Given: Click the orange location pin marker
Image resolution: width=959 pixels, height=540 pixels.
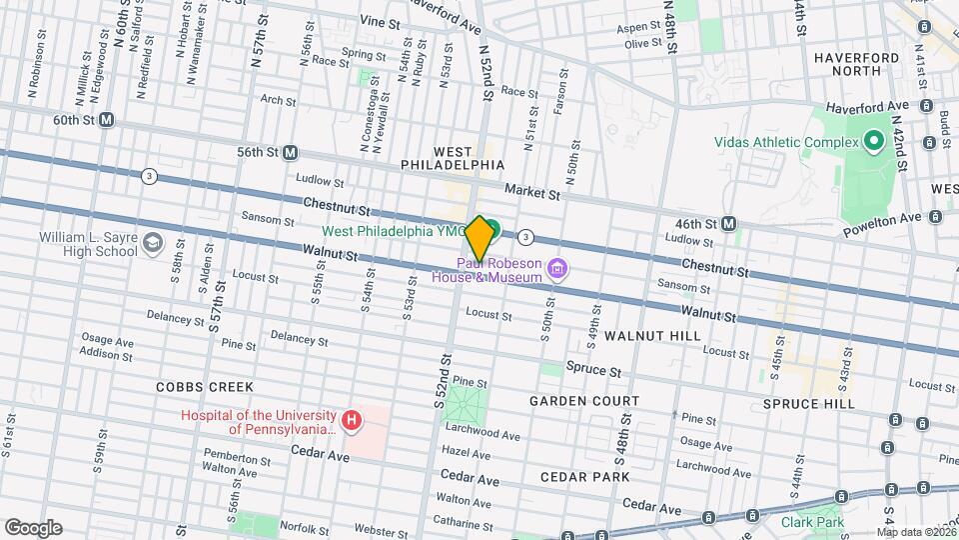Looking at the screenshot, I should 479,238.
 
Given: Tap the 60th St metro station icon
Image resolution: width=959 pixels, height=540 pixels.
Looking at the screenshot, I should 107,120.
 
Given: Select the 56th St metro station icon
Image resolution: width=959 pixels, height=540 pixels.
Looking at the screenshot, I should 290,152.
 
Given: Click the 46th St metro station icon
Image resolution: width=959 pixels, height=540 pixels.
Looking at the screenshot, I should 729,224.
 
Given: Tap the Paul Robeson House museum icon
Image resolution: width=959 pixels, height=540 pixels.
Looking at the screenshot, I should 557,268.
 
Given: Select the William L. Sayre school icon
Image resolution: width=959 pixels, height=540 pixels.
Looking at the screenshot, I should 152,243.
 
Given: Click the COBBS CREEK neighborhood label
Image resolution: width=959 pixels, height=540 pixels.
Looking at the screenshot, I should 204,387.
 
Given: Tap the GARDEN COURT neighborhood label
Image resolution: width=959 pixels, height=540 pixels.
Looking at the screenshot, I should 584,401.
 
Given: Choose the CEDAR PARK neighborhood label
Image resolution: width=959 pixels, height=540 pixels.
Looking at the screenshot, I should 584,477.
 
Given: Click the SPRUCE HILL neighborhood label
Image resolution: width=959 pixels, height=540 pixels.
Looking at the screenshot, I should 808,404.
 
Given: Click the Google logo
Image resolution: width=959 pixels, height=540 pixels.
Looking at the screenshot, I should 33,528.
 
